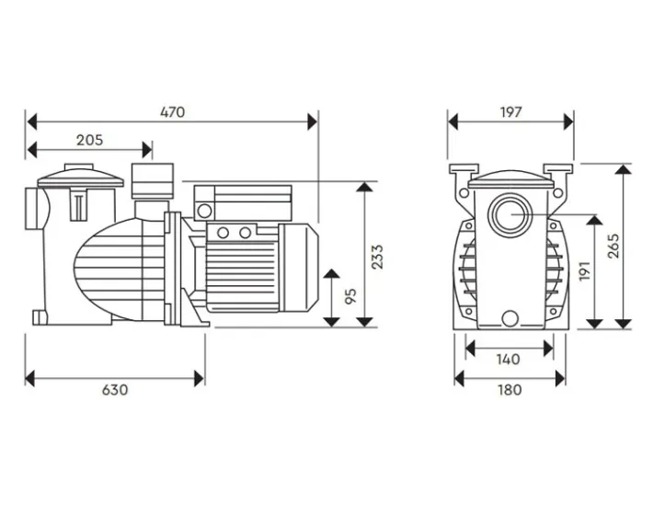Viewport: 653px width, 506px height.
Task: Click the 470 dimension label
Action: [172, 112]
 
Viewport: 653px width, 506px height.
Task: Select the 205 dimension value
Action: [89, 141]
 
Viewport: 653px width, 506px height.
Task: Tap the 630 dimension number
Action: [114, 389]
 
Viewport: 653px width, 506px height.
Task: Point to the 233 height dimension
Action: [377, 256]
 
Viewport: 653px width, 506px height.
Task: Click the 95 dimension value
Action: [350, 297]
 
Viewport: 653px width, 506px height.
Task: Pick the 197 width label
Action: [511, 112]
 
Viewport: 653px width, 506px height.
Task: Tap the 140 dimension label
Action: [508, 360]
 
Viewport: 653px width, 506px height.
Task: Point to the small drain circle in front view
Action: [510, 319]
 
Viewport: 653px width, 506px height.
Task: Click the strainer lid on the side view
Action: [80, 174]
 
